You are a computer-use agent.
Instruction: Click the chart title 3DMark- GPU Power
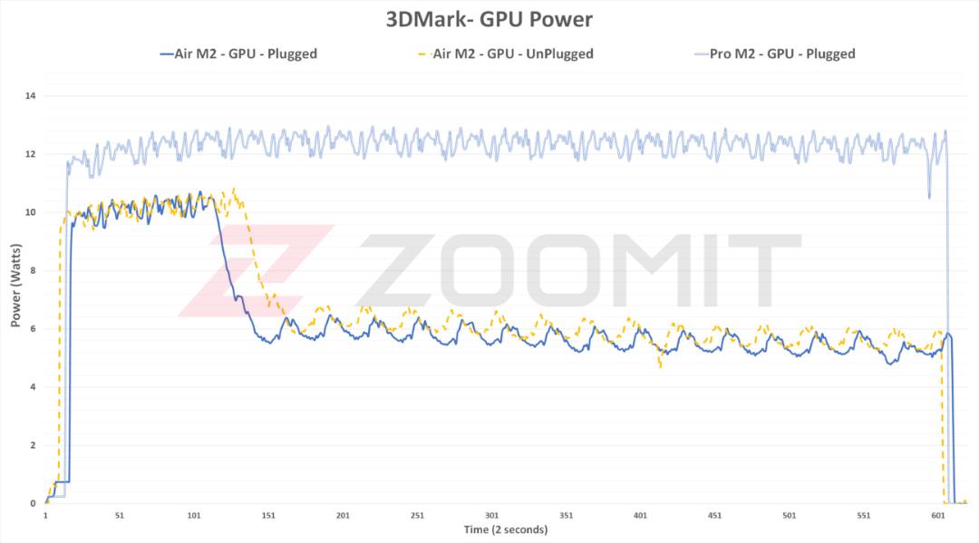(489, 19)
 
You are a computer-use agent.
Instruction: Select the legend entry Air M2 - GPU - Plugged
(238, 54)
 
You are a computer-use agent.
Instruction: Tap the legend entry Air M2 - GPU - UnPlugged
(506, 54)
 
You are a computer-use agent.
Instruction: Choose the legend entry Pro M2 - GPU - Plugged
(775, 54)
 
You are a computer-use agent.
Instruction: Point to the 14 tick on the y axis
(30, 96)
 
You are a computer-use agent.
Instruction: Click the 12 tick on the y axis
(30, 154)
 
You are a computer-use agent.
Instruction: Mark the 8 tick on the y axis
(34, 271)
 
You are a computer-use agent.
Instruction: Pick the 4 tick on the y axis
(34, 387)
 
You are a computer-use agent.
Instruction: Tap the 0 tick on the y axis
(34, 504)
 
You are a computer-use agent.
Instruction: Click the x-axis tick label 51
(120, 516)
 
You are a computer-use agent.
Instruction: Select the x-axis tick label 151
(268, 516)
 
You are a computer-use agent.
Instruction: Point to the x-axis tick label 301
(492, 516)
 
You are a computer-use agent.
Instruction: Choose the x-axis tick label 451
(715, 516)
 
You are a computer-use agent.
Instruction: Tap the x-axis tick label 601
(938, 516)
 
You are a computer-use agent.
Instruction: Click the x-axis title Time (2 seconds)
(506, 530)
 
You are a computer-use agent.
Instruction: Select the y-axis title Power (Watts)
(15, 286)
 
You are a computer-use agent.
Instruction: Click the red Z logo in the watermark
(256, 269)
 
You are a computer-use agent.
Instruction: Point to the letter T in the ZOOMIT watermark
(765, 270)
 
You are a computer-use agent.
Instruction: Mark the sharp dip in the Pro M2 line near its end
(929, 198)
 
